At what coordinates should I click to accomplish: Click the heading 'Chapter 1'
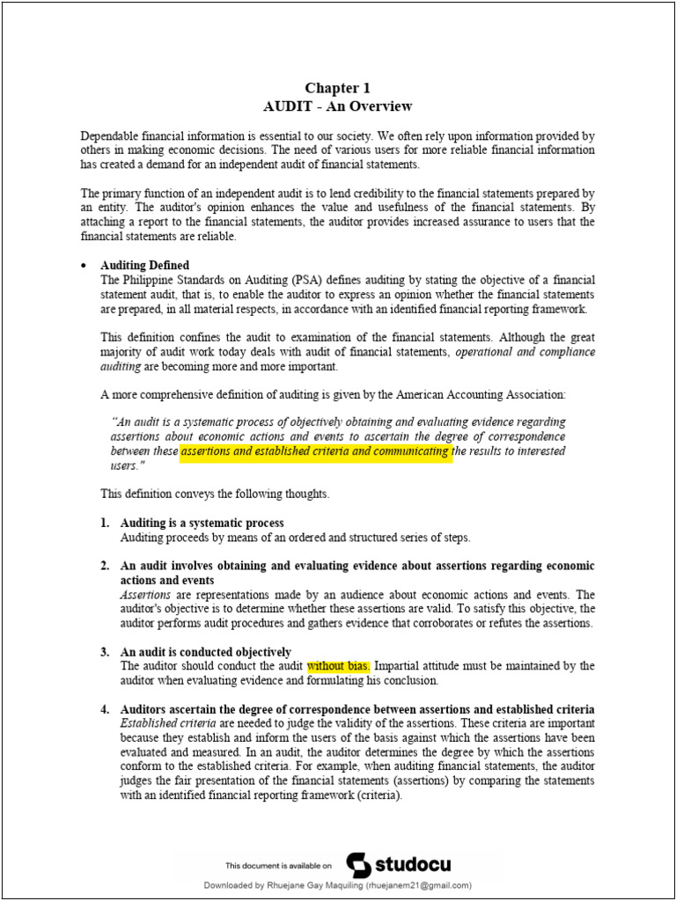tap(337, 88)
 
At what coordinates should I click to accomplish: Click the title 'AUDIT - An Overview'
tap(337, 106)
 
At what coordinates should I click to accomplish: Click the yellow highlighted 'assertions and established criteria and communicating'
tap(316, 452)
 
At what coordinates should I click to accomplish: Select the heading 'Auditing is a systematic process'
tap(202, 524)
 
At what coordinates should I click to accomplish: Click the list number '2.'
tap(105, 566)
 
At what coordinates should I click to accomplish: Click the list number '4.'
tap(105, 709)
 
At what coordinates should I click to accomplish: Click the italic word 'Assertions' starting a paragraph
tap(147, 595)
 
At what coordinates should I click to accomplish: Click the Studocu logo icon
tap(358, 865)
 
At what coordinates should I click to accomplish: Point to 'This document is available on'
tap(279, 866)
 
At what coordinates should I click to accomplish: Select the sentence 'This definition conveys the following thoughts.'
tap(215, 494)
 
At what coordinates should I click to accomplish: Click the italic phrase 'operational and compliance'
tap(525, 352)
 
